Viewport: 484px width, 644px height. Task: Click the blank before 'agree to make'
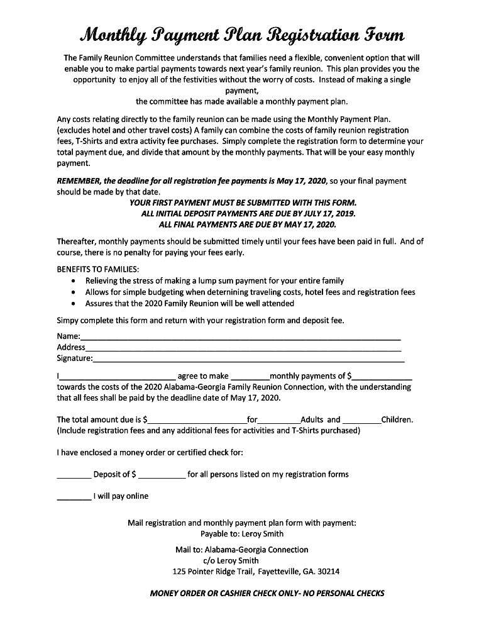[x=117, y=378]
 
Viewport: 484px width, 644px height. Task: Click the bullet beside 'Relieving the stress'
[x=74, y=281]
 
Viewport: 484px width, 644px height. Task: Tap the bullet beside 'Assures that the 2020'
[x=74, y=304]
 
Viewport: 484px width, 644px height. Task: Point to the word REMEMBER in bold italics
[x=80, y=180]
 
